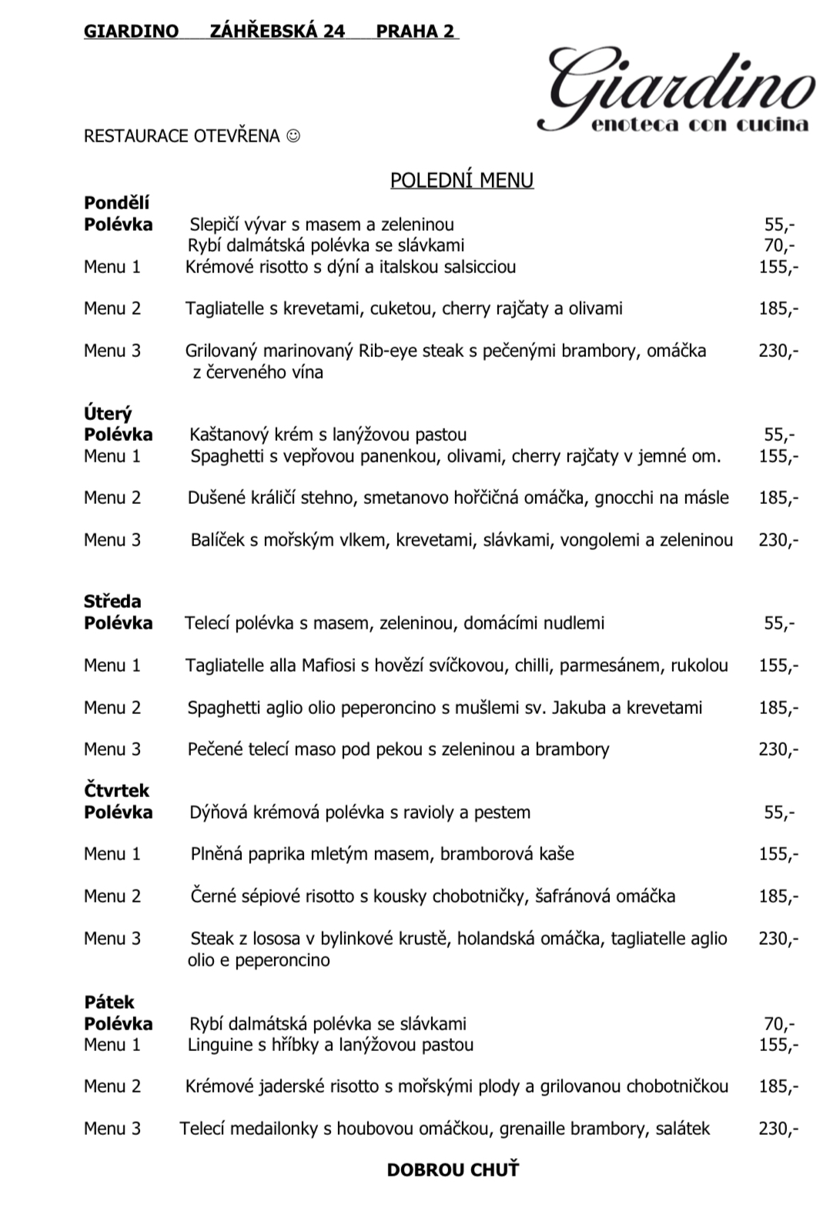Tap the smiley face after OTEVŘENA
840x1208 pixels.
293,136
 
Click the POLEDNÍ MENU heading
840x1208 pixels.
461,180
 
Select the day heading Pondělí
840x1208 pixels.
116,203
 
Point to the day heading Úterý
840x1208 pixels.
108,414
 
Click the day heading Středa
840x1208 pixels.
112,602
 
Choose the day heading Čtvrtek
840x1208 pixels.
116,791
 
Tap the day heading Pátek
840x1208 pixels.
109,1003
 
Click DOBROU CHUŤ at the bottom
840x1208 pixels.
453,1170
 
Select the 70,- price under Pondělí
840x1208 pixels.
779,246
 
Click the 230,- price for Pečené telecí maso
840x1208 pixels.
778,749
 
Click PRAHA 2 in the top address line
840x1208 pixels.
415,32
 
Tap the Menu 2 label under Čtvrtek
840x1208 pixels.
112,896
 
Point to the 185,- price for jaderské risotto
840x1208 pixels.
778,1086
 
